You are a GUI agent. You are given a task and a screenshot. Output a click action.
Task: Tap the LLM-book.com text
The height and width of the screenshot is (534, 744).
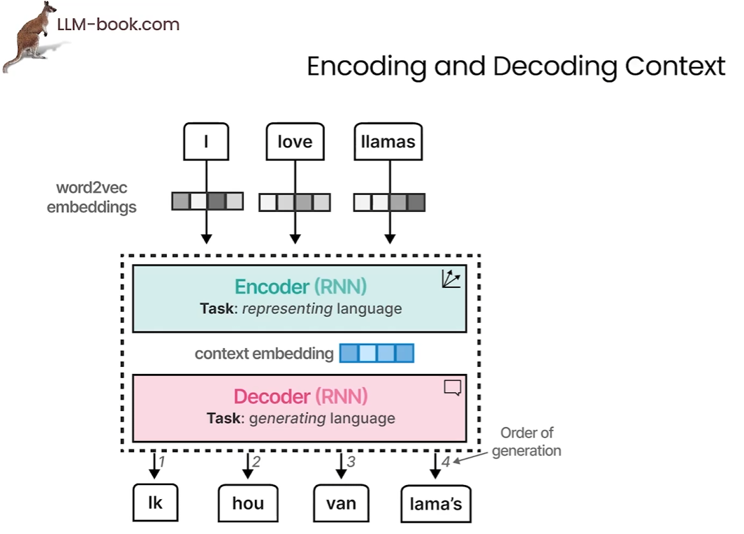pos(118,24)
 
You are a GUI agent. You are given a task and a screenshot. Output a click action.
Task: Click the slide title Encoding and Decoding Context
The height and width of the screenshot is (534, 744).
pos(516,66)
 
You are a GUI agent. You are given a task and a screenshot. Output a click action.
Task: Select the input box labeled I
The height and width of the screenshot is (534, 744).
pos(206,141)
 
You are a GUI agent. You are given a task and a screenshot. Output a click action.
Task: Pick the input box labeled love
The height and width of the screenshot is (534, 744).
pos(295,141)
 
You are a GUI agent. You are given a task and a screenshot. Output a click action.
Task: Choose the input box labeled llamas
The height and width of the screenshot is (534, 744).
pos(388,141)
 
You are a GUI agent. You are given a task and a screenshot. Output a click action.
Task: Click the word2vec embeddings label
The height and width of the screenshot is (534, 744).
pos(92,198)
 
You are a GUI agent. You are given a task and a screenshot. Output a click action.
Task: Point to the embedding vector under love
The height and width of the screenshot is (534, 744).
pos(295,202)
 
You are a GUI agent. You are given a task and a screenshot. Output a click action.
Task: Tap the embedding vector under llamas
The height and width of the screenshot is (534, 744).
pos(389,202)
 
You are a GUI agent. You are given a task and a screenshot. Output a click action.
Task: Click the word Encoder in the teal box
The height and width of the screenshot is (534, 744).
pos(272,287)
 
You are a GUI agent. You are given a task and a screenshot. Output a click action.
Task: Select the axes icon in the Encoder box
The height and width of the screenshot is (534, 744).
pos(451,279)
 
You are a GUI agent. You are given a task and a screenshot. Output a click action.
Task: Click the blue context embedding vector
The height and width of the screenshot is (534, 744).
pos(377,353)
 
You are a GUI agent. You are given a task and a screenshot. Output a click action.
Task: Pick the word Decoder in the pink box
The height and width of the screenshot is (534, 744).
pos(272,396)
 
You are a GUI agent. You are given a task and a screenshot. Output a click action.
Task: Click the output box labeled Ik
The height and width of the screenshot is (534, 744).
pos(155,503)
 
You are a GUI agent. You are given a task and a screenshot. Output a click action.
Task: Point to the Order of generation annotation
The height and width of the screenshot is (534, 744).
pos(526,442)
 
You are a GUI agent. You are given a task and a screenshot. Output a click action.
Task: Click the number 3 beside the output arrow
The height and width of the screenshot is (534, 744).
pos(351,462)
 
